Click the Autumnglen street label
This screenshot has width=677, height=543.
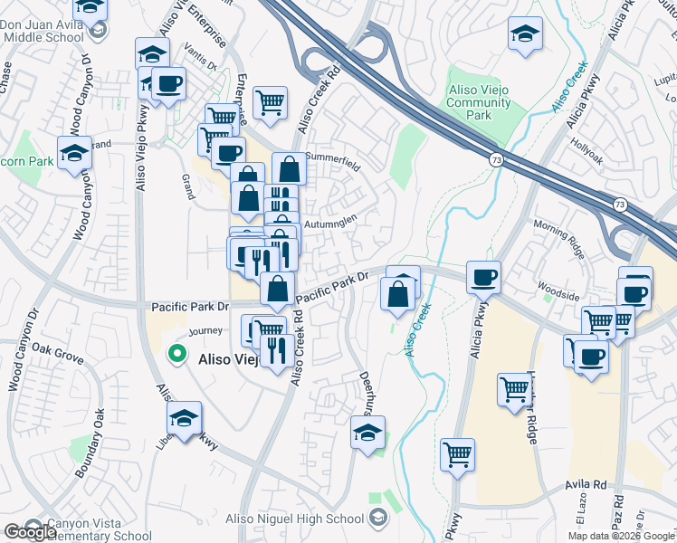coord(330,219)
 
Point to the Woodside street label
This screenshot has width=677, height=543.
coord(558,296)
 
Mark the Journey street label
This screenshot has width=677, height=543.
coord(205,331)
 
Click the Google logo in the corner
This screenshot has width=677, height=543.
coord(29,532)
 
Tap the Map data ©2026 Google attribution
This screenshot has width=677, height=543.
coord(620,536)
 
